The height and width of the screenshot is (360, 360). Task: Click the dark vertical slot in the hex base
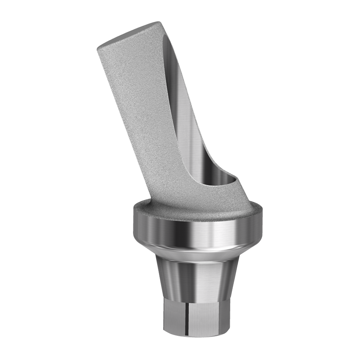pos(184,317)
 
